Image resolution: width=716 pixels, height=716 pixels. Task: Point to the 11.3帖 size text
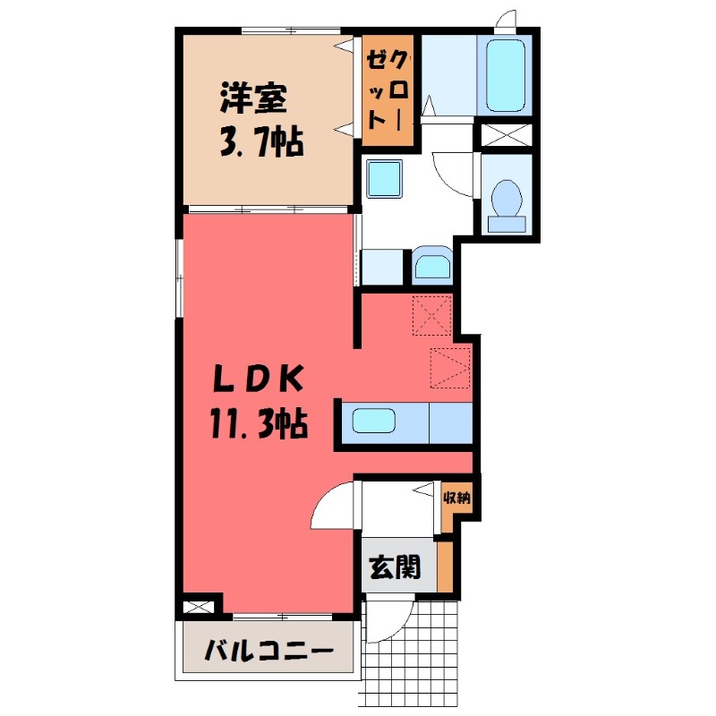[260, 423]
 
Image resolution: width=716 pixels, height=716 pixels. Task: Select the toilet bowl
[507, 199]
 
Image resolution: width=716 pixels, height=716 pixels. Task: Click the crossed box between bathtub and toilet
[507, 134]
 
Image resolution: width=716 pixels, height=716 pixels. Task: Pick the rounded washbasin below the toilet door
[433, 265]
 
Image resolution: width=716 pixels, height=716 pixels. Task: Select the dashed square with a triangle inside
[449, 367]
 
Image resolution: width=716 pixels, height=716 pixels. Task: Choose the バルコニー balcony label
[269, 651]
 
